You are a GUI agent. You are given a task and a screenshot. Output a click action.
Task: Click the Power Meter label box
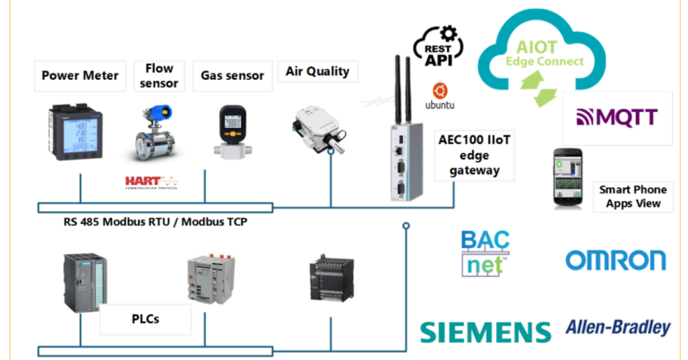pos(80,76)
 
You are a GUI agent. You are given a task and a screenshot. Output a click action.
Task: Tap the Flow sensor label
pos(159,76)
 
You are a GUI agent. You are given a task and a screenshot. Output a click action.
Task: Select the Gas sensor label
pos(231,76)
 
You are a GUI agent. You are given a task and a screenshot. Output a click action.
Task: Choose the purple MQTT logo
pos(617,117)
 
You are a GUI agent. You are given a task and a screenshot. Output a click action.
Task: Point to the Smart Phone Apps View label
pos(635,196)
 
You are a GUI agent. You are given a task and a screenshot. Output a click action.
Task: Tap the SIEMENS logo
pos(485,331)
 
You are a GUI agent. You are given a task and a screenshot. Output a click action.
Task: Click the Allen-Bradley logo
pos(617,328)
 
